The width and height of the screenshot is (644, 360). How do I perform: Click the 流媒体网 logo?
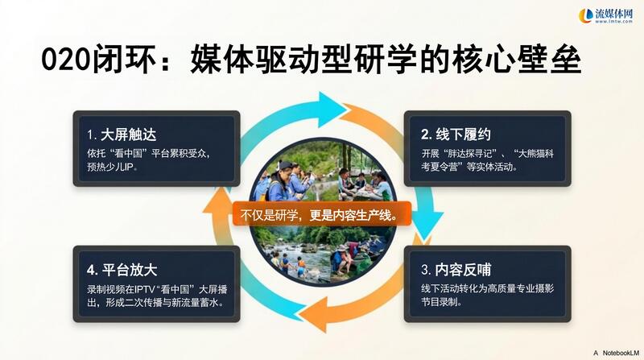click(x=606, y=15)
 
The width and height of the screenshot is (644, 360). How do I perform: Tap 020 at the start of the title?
click(x=66, y=60)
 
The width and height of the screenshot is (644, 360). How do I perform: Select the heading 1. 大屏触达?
click(x=122, y=134)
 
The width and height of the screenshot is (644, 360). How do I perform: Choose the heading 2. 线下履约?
click(x=456, y=134)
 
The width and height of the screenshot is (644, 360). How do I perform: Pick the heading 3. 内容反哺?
click(x=456, y=270)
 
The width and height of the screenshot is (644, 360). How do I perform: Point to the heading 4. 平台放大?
click(x=122, y=270)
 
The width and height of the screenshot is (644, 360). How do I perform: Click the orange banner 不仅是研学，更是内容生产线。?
click(x=321, y=213)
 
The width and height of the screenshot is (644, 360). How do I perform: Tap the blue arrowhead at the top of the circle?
click(x=331, y=110)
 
